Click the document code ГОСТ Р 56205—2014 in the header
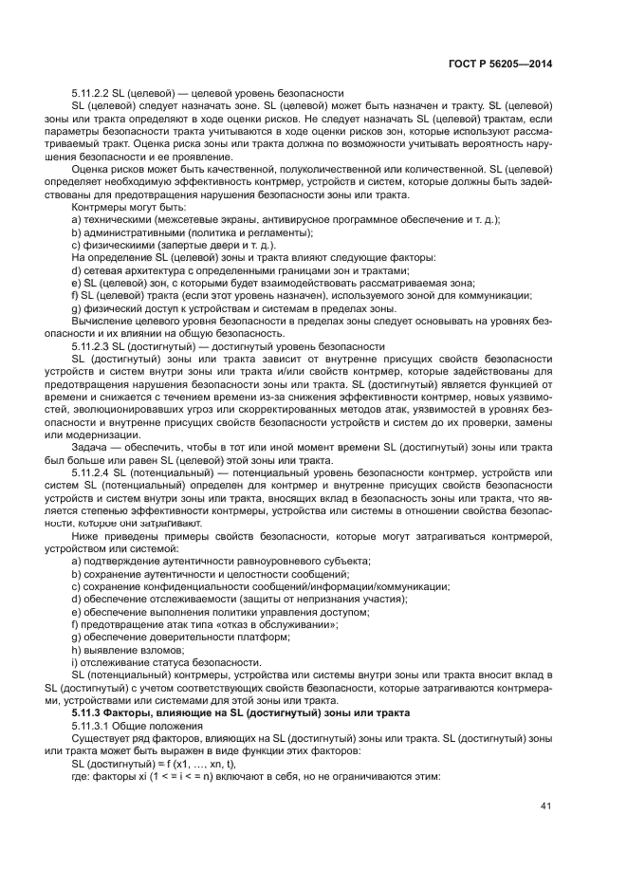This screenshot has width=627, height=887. (x=503, y=63)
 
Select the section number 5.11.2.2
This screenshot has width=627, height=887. (x=90, y=94)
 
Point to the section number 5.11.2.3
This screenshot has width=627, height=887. (x=90, y=346)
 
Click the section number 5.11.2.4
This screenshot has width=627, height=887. (x=92, y=471)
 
